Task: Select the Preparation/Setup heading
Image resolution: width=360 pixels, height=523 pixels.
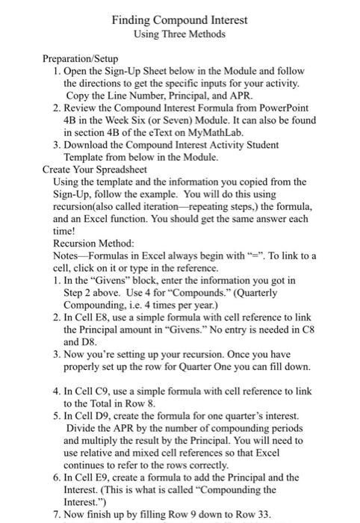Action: (80, 58)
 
